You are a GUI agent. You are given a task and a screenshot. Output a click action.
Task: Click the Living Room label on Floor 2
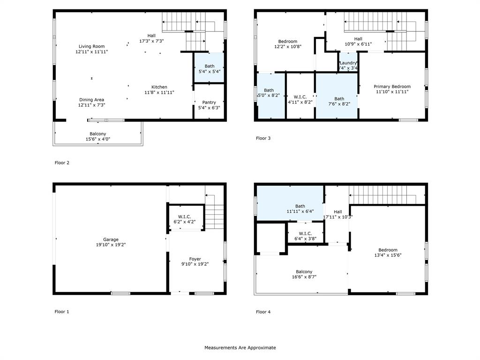tap(91, 46)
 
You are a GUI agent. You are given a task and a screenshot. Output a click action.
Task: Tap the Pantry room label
tap(209, 102)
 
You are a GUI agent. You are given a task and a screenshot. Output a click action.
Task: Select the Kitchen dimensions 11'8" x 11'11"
tap(159, 93)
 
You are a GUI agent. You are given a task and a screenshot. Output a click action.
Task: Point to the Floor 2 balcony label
tap(98, 134)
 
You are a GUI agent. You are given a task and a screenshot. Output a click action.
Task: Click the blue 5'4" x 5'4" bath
tap(209, 68)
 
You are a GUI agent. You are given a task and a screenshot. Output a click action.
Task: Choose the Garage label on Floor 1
tap(111, 240)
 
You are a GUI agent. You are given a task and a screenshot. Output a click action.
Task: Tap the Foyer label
tap(195, 259)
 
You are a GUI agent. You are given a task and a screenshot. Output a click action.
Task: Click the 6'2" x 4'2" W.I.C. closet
tap(185, 219)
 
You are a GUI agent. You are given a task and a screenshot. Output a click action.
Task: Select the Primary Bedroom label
tap(392, 86)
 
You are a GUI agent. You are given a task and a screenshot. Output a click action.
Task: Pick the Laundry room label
tap(348, 63)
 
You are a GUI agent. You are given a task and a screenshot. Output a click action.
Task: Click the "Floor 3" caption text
tap(263, 138)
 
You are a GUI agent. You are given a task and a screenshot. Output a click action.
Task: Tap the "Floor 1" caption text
tap(61, 312)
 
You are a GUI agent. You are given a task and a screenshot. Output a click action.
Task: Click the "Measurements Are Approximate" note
tap(240, 348)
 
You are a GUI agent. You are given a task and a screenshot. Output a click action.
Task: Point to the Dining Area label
tap(91, 99)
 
